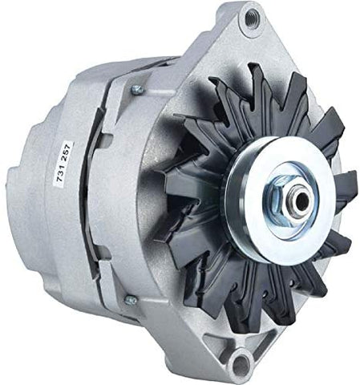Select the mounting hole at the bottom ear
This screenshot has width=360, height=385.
point(241,364)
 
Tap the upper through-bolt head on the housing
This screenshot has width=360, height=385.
point(137,90)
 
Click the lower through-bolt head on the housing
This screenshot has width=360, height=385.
point(131,301)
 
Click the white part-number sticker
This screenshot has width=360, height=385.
point(63,164)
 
